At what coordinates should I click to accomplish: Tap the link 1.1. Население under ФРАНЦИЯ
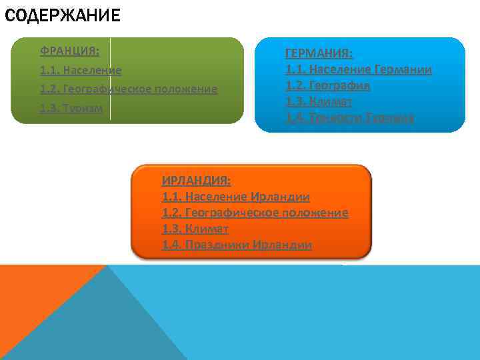click(81, 70)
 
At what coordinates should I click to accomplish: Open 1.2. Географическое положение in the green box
click(129, 89)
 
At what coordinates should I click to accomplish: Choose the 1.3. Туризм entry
click(71, 108)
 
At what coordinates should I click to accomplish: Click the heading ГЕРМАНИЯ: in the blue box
click(319, 53)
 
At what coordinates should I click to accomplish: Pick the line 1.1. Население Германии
click(359, 69)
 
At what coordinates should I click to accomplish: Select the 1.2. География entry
click(328, 85)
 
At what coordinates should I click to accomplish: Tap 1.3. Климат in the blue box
click(319, 102)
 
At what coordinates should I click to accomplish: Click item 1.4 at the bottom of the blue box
click(350, 118)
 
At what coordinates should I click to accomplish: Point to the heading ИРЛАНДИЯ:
click(197, 180)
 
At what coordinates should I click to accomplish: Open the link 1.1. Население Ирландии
click(236, 197)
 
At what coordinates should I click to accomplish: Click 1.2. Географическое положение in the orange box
click(255, 213)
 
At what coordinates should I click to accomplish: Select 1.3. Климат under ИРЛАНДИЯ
click(195, 229)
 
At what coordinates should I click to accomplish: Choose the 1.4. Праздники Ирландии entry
click(237, 245)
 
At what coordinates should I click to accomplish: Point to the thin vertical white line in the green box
click(111, 80)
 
